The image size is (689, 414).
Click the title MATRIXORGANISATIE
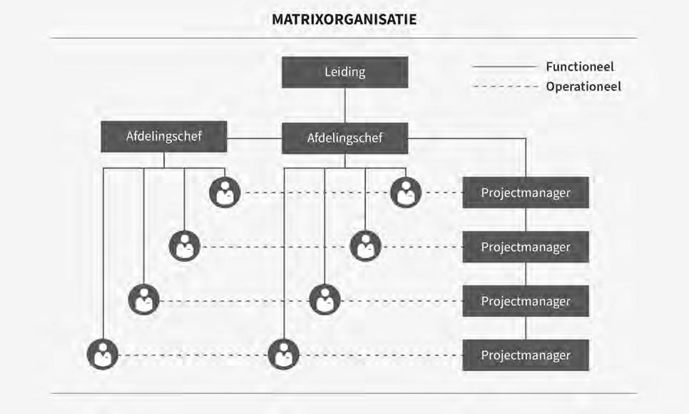coord(344,19)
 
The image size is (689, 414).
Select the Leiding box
coord(344,72)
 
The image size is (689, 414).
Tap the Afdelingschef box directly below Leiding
coord(344,138)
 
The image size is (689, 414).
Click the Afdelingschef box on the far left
coord(164,136)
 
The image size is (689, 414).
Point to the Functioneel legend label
coord(579,66)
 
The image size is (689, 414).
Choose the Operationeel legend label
coord(583,86)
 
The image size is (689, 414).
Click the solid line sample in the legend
coord(504,66)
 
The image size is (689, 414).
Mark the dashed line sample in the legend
coord(504,86)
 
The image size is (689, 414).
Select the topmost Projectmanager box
coord(525,193)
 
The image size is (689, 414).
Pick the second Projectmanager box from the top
coord(525,247)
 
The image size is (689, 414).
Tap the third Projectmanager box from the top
coord(525,301)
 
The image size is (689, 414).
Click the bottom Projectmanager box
coord(525,355)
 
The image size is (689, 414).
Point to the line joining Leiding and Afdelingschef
coord(345,105)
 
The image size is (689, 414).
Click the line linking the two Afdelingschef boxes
coord(255,137)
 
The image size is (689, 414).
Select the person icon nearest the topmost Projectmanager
coord(406,193)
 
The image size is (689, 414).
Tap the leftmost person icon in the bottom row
coord(103,355)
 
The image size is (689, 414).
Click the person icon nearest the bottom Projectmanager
coord(284,355)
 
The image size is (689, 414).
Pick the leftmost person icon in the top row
coord(225,193)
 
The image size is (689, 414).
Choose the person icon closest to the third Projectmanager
coord(325,300)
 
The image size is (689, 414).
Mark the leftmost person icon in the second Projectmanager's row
coord(185,246)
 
